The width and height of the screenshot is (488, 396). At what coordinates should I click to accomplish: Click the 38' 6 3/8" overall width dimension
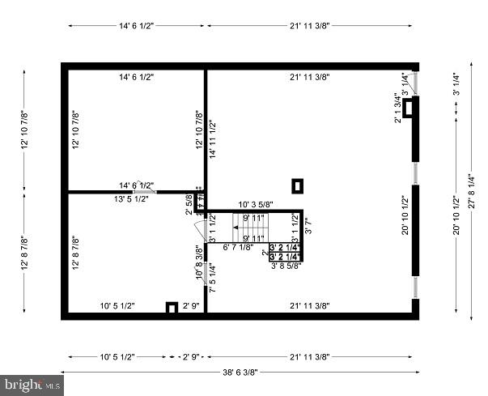[x=240, y=373]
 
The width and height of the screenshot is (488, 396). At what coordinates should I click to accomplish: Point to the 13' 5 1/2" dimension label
[x=131, y=198]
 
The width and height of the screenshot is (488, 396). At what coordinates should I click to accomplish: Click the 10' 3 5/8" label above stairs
[x=255, y=204]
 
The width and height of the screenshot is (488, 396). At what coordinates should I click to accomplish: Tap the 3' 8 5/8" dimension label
[x=286, y=265]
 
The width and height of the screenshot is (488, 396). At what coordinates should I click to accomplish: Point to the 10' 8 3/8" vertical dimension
[x=198, y=264]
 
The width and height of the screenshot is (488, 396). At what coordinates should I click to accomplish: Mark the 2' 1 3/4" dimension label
[x=397, y=109]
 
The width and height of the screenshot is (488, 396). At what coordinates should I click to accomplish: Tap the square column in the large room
[x=298, y=185]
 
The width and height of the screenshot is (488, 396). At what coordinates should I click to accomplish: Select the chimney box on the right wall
[x=411, y=107]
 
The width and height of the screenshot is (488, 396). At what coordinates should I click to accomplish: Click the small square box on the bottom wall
[x=172, y=307]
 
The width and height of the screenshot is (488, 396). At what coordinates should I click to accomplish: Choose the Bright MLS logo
[x=30, y=384]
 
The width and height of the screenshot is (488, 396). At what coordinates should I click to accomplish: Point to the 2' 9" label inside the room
[x=191, y=306]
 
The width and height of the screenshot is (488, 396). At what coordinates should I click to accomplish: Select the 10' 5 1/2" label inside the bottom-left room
[x=117, y=306]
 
